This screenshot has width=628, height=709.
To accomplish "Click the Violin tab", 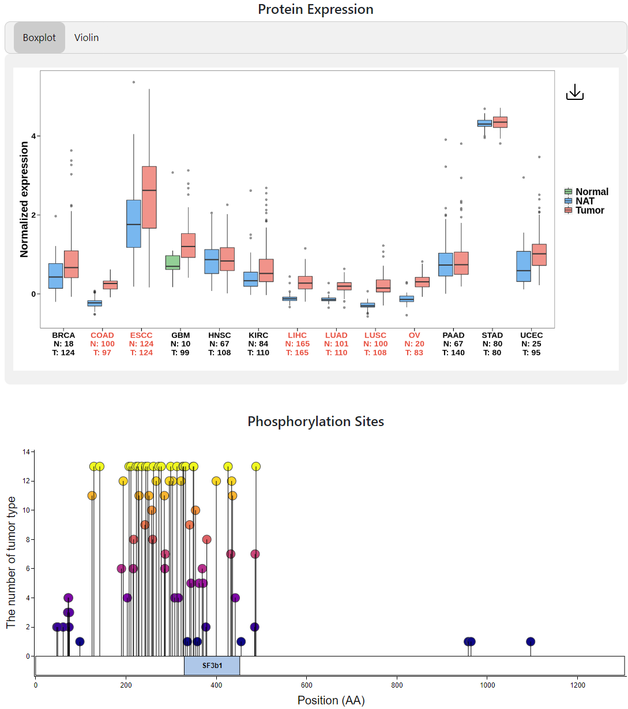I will (87, 38).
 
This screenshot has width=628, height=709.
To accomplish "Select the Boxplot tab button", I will (39, 38).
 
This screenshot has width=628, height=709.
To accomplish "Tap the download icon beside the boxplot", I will (575, 92).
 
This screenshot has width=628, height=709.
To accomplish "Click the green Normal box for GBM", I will (173, 263).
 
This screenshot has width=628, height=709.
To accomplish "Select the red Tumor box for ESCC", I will (149, 197).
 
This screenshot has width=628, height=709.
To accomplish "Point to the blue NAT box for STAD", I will (484, 123).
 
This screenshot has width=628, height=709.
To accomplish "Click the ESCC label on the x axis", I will (141, 335).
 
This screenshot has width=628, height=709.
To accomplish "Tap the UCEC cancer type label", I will (531, 335).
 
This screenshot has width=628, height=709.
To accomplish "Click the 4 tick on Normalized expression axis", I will (33, 136).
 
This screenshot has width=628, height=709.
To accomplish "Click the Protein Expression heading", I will (315, 9).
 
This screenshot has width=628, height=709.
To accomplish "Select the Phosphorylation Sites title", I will (315, 421).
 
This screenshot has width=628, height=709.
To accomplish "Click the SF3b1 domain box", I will (212, 665).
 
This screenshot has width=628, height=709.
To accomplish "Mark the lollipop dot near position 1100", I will (531, 641).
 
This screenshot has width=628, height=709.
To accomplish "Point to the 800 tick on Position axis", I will (397, 685).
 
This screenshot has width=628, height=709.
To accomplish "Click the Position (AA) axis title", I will (331, 700).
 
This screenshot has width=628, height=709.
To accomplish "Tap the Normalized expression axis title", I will (24, 199).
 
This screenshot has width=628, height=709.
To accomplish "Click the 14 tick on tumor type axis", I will (27, 452).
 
